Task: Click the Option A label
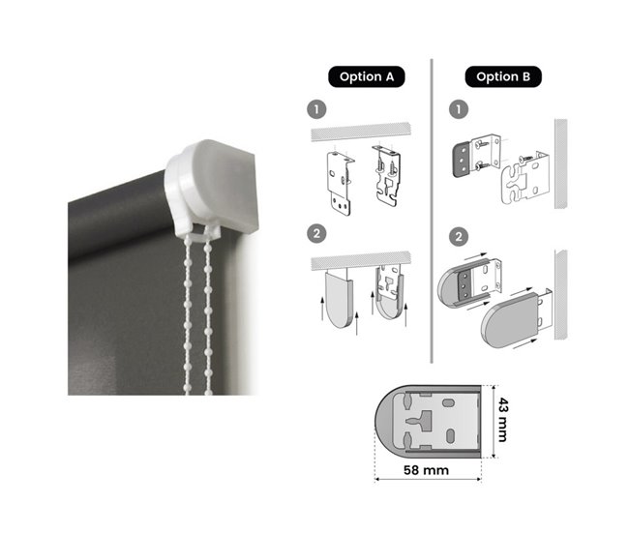[366, 76]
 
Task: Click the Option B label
[503, 76]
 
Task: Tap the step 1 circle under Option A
[316, 109]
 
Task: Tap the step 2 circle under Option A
[316, 233]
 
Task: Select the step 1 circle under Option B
[459, 109]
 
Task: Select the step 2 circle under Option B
[459, 236]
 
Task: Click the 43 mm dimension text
[503, 420]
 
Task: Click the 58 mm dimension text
[426, 469]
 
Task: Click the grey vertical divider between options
[432, 211]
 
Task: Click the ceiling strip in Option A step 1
[361, 132]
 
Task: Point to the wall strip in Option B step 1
[561, 163]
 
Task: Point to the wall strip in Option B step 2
[561, 295]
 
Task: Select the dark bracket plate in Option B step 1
[462, 160]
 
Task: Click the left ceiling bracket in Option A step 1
[341, 184]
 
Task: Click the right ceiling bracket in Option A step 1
[387, 176]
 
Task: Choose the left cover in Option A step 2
[340, 299]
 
